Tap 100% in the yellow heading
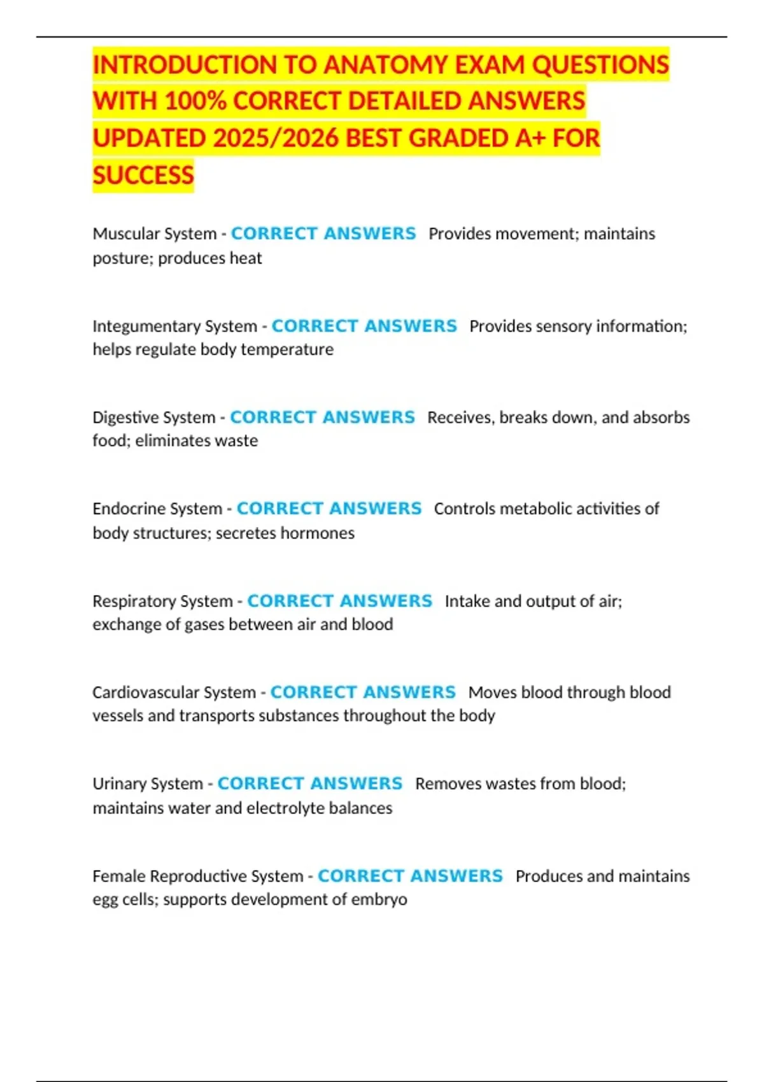point(195,101)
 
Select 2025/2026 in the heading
point(275,138)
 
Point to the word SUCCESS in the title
point(143,175)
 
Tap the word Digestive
point(122,418)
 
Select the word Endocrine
point(125,509)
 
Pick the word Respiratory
point(131,601)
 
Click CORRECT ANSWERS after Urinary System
point(310,783)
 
